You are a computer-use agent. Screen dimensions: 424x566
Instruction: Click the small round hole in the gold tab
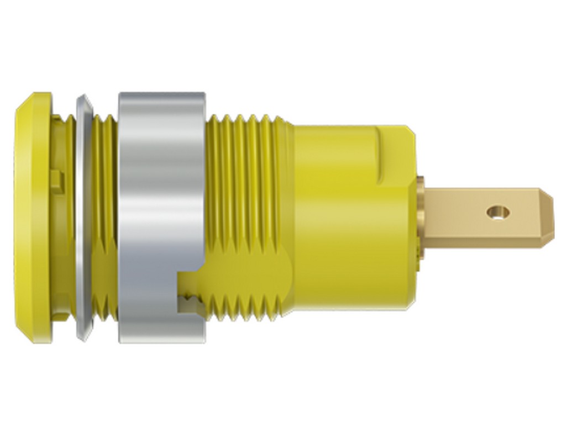(499, 211)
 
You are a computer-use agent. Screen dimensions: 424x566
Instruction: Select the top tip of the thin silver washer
(83, 98)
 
